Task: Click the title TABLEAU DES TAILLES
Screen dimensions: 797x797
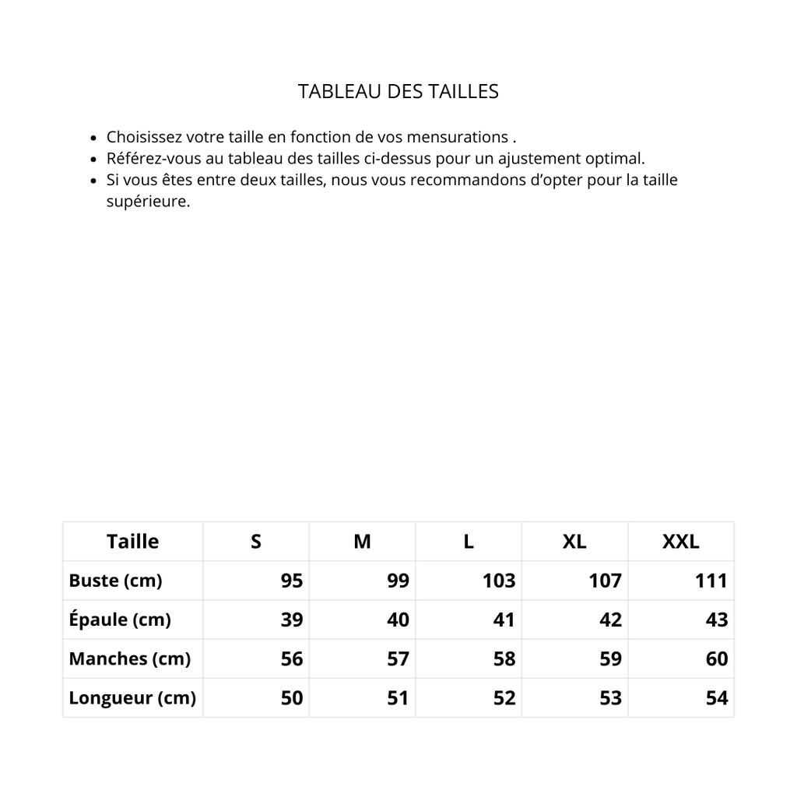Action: pos(398,91)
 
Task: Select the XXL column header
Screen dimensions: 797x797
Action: pos(680,542)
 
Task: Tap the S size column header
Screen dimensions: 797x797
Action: pos(256,542)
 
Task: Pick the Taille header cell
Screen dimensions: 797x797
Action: pos(132,542)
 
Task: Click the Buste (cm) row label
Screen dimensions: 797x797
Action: pos(115,581)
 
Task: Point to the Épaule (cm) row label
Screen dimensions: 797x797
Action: pos(119,620)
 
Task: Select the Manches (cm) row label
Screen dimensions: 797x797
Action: pos(129,658)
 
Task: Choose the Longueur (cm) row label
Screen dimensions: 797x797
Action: pos(132,697)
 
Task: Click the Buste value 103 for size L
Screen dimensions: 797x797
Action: pos(499,581)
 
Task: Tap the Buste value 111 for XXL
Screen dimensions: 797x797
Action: pos(711,581)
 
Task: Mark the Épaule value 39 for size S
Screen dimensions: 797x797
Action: pos(292,620)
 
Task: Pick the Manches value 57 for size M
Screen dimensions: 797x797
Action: pos(398,658)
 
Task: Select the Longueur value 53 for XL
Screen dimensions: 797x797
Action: pos(611,697)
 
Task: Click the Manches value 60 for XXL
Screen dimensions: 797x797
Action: pos(717,658)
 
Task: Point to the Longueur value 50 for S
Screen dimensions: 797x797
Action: pos(292,697)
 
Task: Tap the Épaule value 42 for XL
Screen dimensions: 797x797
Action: pos(611,620)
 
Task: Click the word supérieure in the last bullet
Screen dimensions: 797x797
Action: pos(147,202)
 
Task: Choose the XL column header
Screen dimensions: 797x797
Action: pos(574,542)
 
